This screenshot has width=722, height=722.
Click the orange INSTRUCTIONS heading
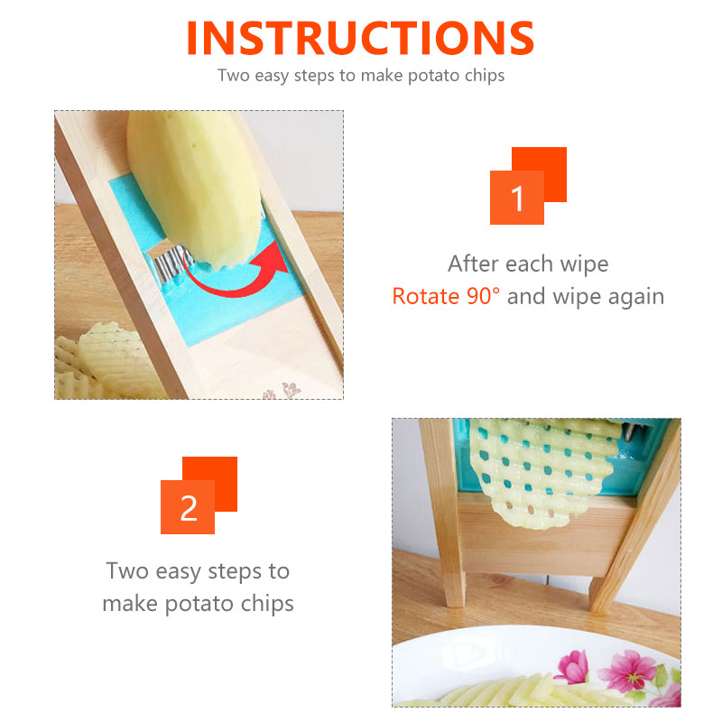click(x=360, y=38)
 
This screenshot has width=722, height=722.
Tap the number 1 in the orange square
click(x=517, y=199)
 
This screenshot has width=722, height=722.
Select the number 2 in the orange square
click(x=189, y=508)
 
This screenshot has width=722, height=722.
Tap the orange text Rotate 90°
click(x=446, y=296)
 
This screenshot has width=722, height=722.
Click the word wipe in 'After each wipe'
click(x=584, y=264)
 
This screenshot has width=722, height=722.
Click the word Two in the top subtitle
click(x=234, y=75)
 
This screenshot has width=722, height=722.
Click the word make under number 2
click(x=130, y=604)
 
